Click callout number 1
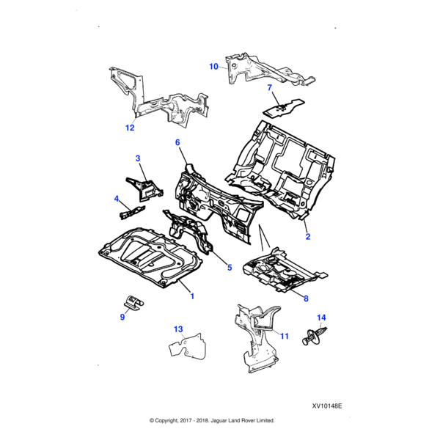coord(192,296)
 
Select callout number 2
coord(307,236)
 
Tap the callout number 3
coord(137,158)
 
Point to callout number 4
coord(116,198)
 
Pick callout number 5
coord(230,268)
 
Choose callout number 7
coord(269,88)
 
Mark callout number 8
coord(306,298)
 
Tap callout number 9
coord(122,318)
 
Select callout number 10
coord(213,67)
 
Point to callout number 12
coord(130,128)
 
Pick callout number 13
coord(177,329)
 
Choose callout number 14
coord(320,318)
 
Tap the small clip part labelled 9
coord(132,303)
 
